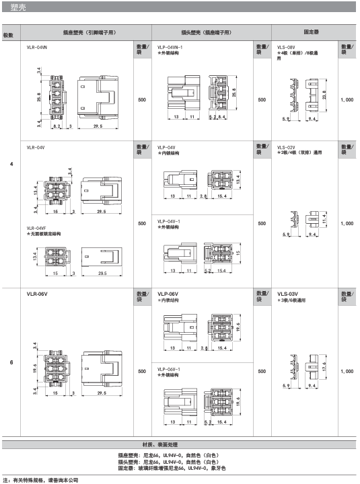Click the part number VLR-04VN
pos(37,48)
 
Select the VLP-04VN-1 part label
pos(170,48)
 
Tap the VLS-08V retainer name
pos(286,48)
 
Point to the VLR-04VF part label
pos(36,228)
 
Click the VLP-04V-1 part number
pos(169,221)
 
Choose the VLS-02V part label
pos(286,147)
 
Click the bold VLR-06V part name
pos(37,294)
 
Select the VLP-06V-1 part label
pos(169,369)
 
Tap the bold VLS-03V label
pos(288,294)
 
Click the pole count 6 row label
pos(11,362)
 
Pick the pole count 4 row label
pos(11,164)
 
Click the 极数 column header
pos(8,35)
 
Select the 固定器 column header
pos(311,32)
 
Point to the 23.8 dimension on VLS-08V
pos(324,95)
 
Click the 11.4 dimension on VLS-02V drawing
pos(324,219)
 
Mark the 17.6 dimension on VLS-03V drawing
pos(324,367)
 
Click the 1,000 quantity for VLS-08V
pos(347,99)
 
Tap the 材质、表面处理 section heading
pos(160,444)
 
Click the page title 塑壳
pos(18,7)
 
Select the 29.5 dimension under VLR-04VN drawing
pos(98,126)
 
